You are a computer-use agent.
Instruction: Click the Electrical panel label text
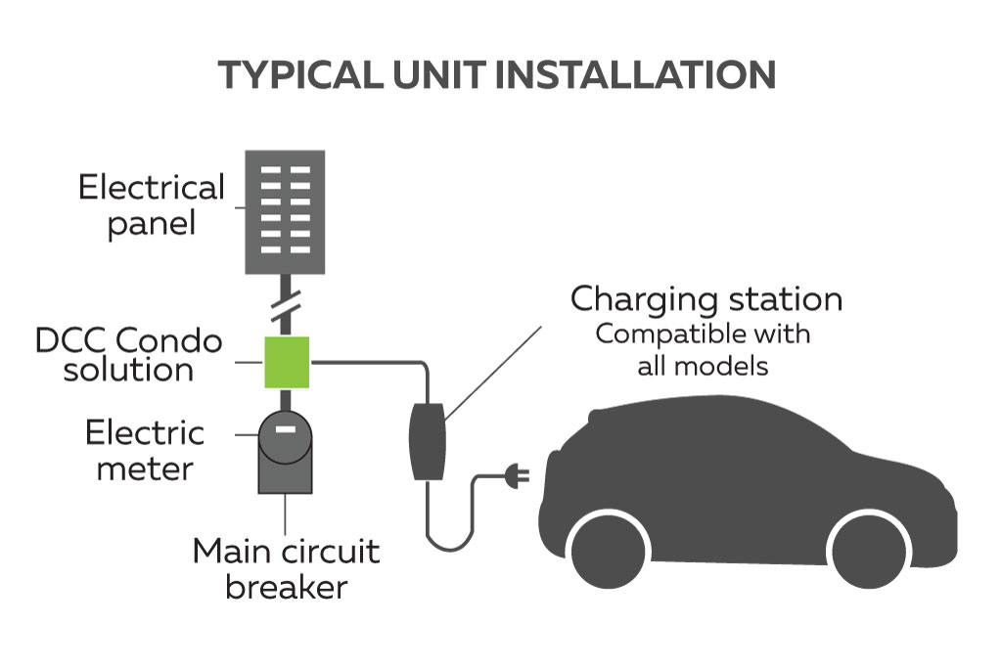click(x=152, y=204)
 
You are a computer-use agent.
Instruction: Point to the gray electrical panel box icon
click(x=285, y=211)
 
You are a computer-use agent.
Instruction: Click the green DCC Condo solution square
click(x=286, y=362)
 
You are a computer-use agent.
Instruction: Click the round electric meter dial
click(x=285, y=435)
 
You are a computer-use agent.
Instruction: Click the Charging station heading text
click(x=706, y=298)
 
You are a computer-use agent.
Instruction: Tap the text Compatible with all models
click(x=703, y=350)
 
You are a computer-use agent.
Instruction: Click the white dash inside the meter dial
click(x=285, y=427)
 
